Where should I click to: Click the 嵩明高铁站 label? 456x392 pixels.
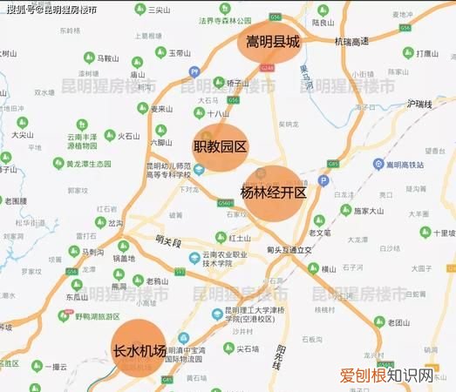pos(404,164)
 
